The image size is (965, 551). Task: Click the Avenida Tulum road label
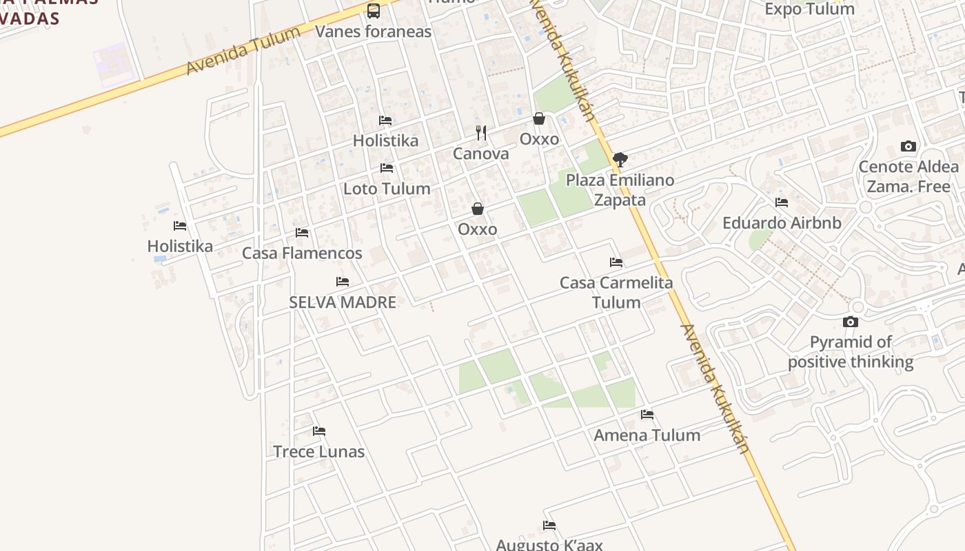click(x=244, y=50)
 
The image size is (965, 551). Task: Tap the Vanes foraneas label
click(x=373, y=31)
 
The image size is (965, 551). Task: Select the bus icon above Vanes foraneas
click(x=373, y=10)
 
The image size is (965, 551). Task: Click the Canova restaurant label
click(x=481, y=154)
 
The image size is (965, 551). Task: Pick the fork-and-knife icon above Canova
click(x=481, y=132)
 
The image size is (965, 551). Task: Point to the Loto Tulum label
click(x=387, y=189)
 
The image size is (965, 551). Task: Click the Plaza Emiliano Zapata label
click(x=620, y=190)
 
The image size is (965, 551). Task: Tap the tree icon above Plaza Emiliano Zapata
click(x=620, y=160)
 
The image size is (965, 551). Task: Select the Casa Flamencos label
click(x=302, y=253)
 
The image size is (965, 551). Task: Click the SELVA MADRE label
click(x=343, y=302)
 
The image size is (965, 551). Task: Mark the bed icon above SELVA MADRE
click(x=343, y=282)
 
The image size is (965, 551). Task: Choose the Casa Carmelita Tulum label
click(x=616, y=293)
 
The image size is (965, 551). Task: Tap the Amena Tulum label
click(x=647, y=435)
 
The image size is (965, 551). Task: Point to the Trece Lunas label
click(x=319, y=452)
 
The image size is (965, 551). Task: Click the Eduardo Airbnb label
click(x=782, y=223)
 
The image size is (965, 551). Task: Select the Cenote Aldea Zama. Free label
click(x=908, y=176)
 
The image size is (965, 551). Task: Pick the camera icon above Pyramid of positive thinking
click(x=851, y=322)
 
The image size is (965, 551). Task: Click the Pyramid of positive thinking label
click(x=851, y=352)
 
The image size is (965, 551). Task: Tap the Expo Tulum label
click(x=810, y=9)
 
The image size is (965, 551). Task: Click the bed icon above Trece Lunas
click(x=319, y=431)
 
